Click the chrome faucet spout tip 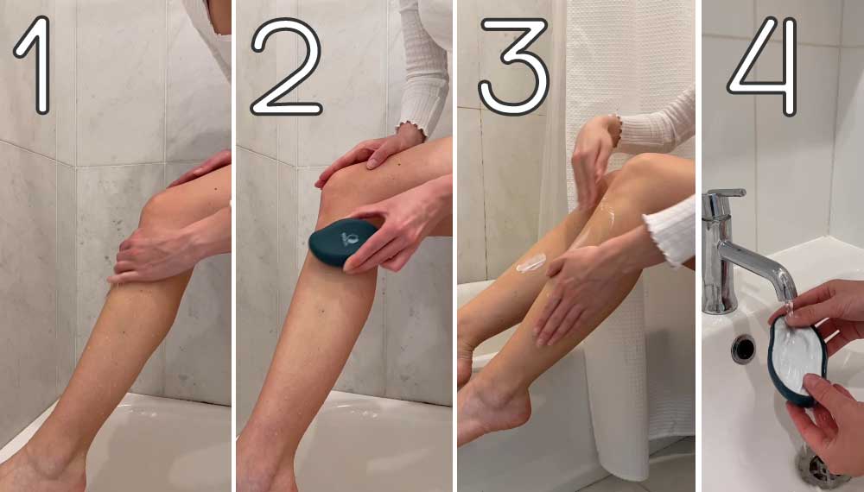point(788,293)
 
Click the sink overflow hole point(743,349)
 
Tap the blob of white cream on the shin point(531,263)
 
